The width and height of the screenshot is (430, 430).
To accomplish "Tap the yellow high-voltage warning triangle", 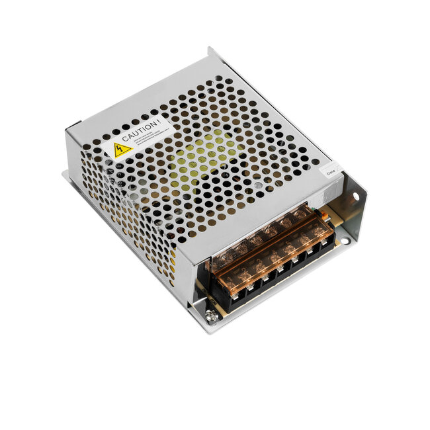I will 122,149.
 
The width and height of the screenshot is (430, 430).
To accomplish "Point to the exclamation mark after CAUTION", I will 157,121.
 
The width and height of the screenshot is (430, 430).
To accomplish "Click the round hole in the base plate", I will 345,241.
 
